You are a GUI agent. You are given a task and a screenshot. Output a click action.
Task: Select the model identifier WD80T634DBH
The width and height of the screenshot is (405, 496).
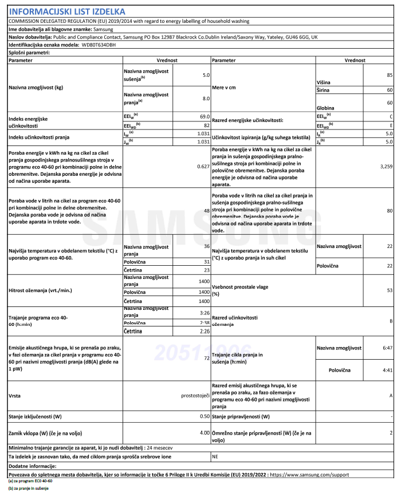(x=96, y=44)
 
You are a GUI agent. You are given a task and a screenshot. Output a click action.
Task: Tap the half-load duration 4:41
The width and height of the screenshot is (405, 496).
(x=386, y=370)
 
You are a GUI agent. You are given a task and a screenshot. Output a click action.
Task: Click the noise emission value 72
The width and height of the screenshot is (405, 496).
(x=207, y=358)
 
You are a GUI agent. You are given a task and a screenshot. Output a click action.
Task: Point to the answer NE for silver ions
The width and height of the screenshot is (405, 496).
(x=215, y=457)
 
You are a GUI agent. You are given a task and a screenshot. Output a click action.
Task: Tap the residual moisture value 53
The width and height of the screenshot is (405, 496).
(x=389, y=290)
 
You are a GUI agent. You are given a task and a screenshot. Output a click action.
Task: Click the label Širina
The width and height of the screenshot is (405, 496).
(x=324, y=90)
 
